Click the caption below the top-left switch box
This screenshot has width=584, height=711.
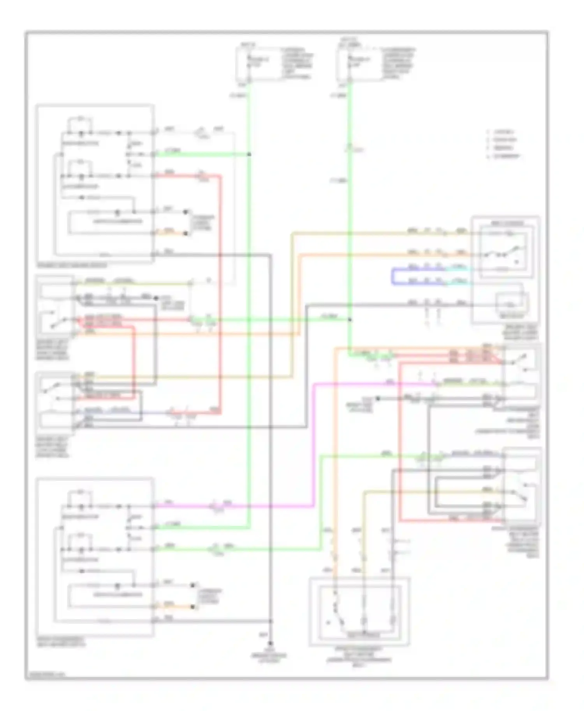point(72,266)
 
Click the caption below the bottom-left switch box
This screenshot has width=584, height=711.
point(61,642)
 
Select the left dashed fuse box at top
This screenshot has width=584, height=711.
point(256,64)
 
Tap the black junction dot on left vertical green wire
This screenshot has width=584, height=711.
point(249,154)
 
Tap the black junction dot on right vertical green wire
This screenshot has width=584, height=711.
point(350,320)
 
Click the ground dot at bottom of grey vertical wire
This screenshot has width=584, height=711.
point(270,644)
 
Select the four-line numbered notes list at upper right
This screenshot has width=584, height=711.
point(503,144)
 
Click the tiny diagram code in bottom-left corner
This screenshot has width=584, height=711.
point(45,674)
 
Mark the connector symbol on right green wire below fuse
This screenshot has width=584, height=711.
point(350,149)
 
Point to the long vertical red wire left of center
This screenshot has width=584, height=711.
point(220,292)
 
